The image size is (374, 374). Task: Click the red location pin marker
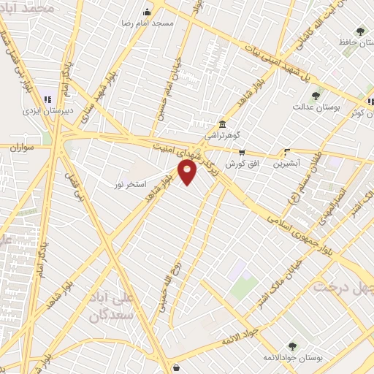188,172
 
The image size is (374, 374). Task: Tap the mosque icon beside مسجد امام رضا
148,12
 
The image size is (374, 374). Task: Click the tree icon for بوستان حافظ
359,31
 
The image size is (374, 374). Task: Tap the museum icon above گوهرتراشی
222,123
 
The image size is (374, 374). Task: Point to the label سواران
23,147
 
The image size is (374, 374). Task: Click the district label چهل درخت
343,286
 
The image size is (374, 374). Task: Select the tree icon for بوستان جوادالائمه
292,346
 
